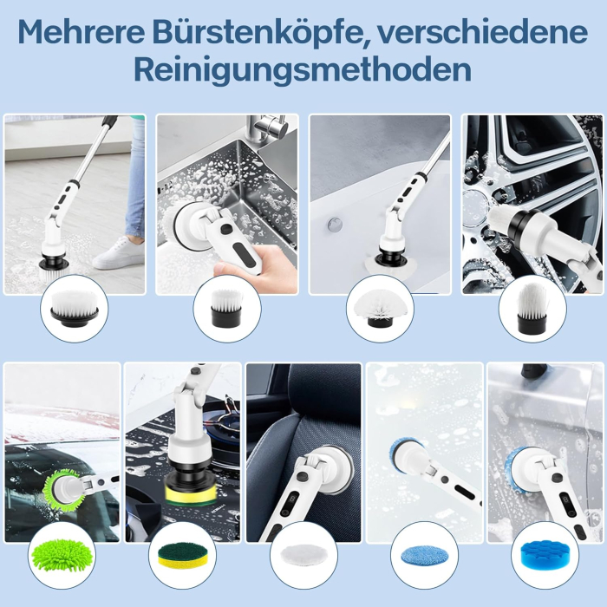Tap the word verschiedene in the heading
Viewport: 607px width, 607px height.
[504, 33]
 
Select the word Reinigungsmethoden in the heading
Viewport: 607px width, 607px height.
[303, 69]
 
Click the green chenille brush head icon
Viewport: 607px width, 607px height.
[61, 553]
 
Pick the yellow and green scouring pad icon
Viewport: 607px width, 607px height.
[181, 554]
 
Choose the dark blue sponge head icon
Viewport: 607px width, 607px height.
[544, 554]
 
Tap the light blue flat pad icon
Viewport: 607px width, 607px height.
[424, 554]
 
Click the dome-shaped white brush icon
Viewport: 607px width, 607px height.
[380, 309]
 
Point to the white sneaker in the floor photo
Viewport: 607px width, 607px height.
[119, 253]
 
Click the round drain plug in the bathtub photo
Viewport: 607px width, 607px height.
[334, 225]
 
